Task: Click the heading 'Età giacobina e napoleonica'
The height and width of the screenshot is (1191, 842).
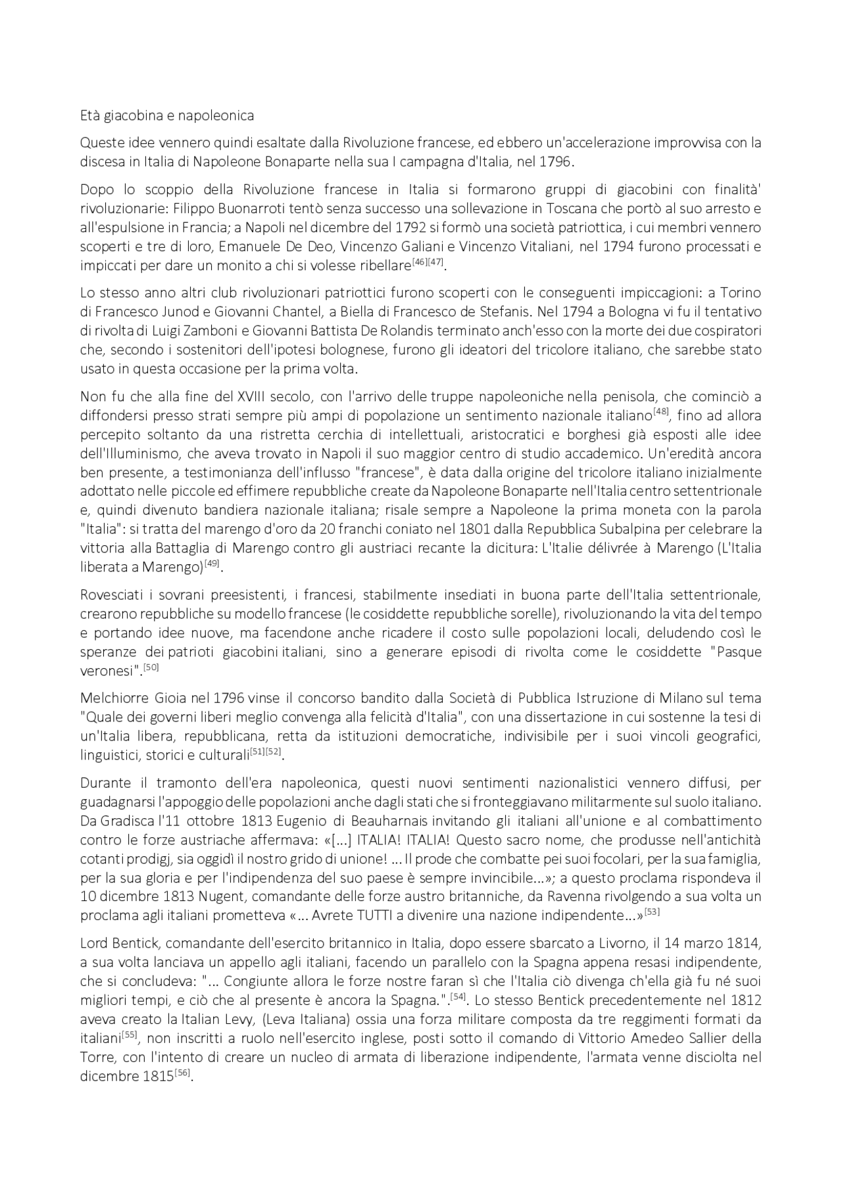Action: click(x=166, y=116)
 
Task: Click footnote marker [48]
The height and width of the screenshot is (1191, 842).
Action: click(x=661, y=412)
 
